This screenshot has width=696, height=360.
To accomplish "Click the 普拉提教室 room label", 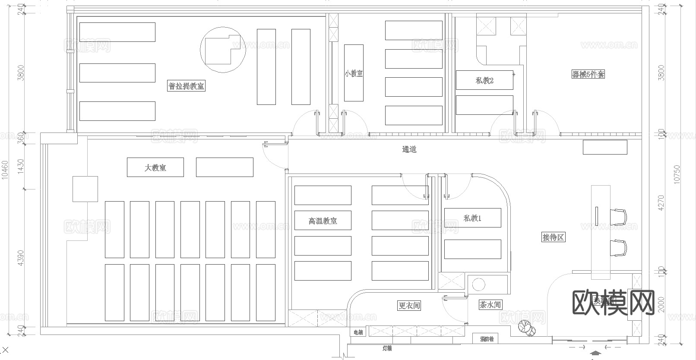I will click(187, 86).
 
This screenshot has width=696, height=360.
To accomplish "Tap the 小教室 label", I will click(354, 73).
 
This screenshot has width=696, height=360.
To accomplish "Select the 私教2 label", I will click(484, 80).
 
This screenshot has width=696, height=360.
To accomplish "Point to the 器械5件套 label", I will click(588, 74).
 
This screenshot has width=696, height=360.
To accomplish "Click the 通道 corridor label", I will click(409, 149).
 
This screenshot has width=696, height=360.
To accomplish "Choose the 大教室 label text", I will click(155, 167).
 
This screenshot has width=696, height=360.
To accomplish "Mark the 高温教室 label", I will click(323, 221).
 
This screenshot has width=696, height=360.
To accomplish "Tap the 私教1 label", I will click(472, 218).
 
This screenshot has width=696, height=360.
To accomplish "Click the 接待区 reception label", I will click(553, 237).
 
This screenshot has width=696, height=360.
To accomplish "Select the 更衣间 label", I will click(409, 306).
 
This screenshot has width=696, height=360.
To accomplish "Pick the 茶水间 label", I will click(490, 305).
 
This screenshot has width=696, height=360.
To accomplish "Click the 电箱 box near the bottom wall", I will click(358, 332).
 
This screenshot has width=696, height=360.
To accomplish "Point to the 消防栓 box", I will click(487, 339).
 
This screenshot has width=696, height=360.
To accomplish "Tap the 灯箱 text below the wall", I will click(387, 348).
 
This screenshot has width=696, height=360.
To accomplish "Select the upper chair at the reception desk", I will click(619, 216).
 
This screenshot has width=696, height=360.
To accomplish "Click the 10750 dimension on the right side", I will click(677, 174).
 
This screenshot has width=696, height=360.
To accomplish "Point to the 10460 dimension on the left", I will click(5, 170).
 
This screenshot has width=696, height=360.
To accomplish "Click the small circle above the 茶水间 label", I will click(478, 285).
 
